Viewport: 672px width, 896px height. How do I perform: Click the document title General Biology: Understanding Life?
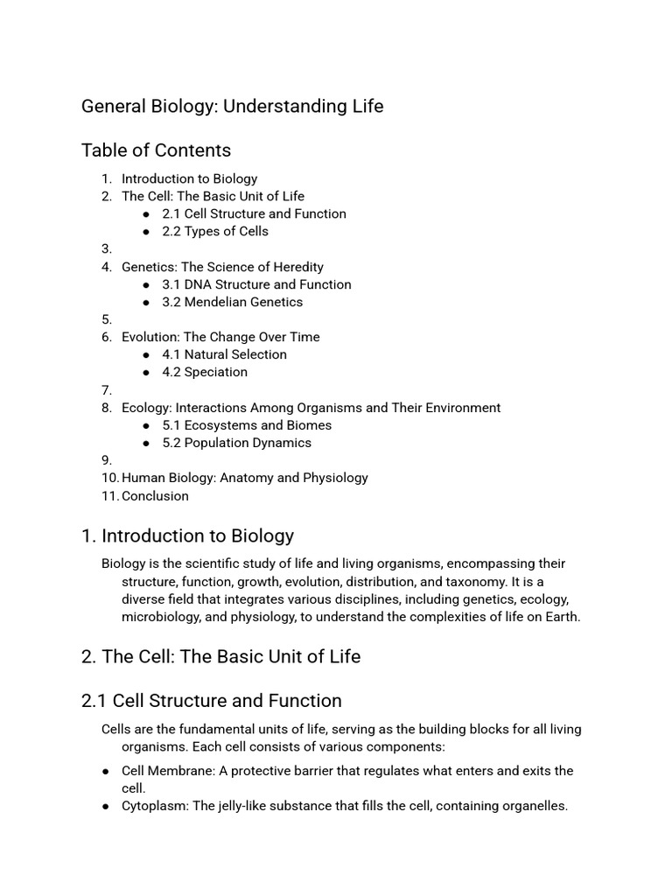pos(232,107)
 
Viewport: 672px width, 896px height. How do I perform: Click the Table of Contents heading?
pos(156,150)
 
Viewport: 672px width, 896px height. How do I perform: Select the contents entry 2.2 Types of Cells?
pos(215,231)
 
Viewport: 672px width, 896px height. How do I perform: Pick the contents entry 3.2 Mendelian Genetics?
pos(232,302)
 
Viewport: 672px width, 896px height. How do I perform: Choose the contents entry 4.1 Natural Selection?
pos(224,354)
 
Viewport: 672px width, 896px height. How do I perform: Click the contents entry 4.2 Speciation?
pos(205,372)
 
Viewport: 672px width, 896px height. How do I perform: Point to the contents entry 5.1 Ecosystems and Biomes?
pos(247,425)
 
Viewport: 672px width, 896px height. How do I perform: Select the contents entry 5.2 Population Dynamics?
pos(236,443)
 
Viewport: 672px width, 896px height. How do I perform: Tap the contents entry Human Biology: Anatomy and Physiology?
pos(245,478)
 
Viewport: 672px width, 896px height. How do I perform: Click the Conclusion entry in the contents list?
pos(155,496)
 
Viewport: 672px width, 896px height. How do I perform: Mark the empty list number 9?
pos(107,460)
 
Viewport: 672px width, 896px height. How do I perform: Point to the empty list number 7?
pos(107,389)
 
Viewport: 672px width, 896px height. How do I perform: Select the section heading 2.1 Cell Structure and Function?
pos(211,701)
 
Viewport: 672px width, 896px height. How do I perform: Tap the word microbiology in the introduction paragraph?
pos(163,616)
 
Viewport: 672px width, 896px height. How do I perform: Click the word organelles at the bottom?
pos(530,806)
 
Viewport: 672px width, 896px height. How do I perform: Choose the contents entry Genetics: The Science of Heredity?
pos(222,267)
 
